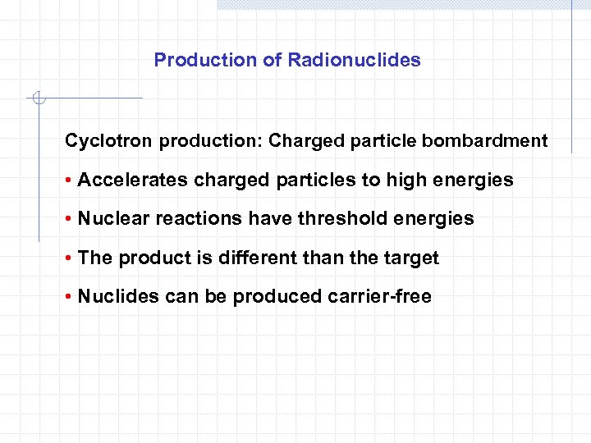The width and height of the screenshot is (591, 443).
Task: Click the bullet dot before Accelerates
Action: point(69,180)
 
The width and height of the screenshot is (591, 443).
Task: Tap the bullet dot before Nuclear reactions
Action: point(69,220)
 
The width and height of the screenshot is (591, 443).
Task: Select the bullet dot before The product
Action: point(69,259)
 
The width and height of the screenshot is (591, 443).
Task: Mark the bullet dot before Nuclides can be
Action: point(69,298)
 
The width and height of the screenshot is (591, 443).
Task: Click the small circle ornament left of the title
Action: point(39,99)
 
